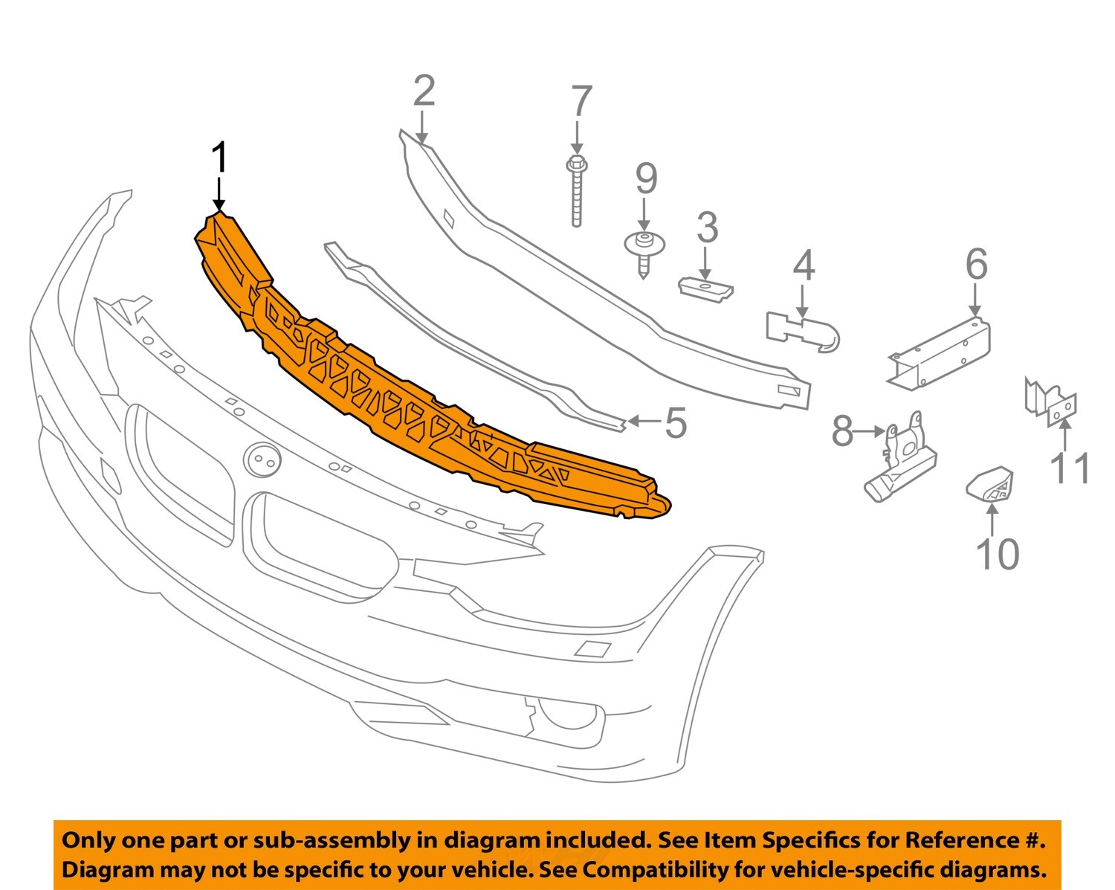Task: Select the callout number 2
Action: coord(424,91)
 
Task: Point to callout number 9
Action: coord(646,179)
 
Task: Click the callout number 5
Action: coord(675,423)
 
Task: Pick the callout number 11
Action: coord(1069,468)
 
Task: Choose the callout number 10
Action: coord(997,554)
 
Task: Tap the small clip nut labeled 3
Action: coord(705,288)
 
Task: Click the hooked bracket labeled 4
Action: coord(803,331)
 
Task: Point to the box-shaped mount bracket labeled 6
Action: coord(940,355)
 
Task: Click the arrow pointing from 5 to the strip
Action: coord(644,422)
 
